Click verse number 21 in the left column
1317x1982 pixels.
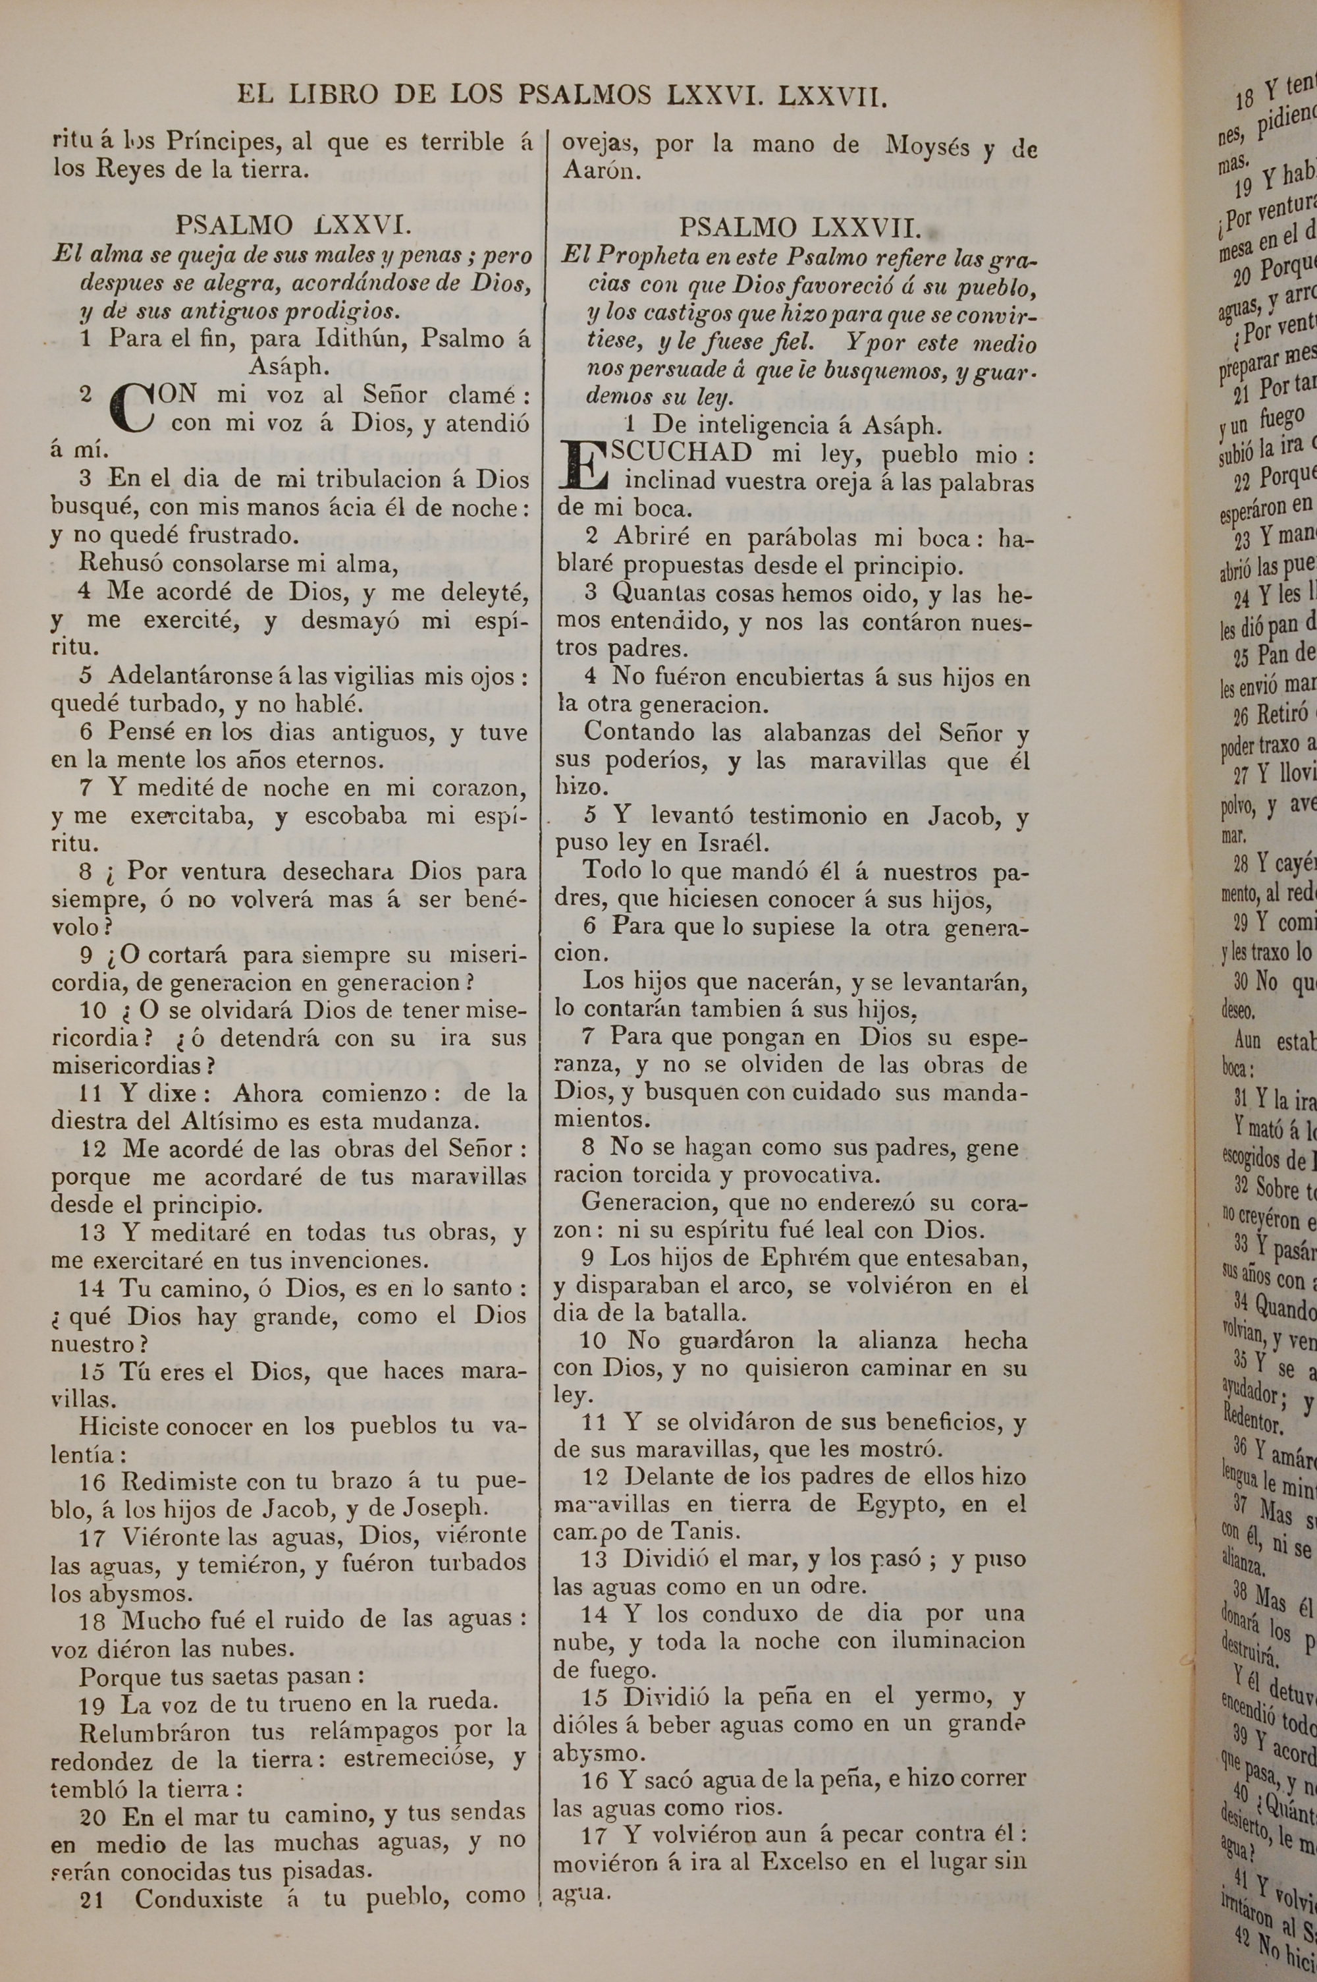tap(92, 1850)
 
